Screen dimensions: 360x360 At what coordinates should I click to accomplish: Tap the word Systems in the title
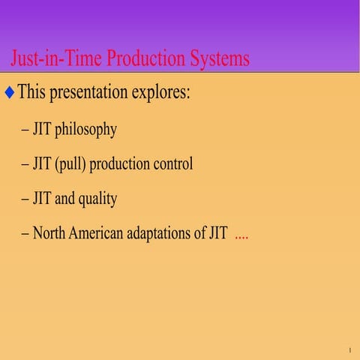coord(217,58)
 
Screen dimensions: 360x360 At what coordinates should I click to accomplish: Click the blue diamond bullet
coord(9,93)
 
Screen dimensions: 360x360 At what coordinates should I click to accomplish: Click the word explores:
coord(163,93)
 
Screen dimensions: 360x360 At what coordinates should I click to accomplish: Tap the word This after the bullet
coord(33,93)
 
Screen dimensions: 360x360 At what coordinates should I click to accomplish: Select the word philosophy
coord(85,129)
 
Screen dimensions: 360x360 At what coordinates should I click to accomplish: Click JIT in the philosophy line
coord(42,129)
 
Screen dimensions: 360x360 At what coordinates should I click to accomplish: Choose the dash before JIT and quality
coord(25,199)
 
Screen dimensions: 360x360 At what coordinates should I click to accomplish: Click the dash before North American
coord(25,234)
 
